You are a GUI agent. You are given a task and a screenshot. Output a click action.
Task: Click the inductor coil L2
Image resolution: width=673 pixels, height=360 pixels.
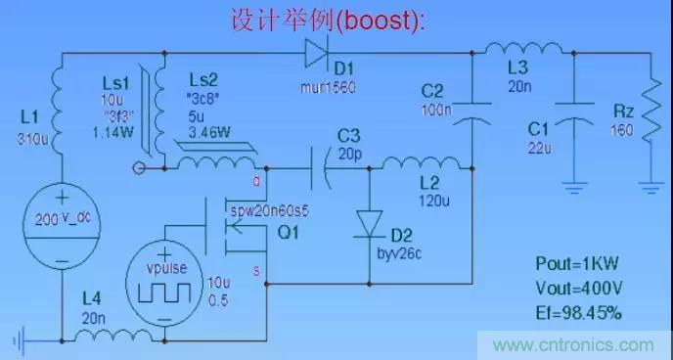(421, 163)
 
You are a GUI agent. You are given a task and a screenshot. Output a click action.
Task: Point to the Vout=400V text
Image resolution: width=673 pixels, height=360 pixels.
(578, 288)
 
